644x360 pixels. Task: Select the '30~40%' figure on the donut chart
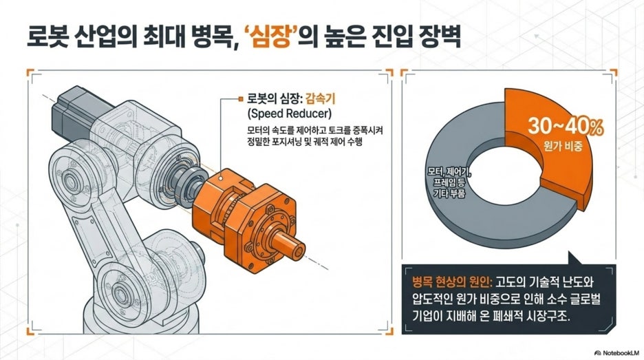[566, 127]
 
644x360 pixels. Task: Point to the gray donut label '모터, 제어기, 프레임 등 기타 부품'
[449, 182]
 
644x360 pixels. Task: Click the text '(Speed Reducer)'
[289, 113]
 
